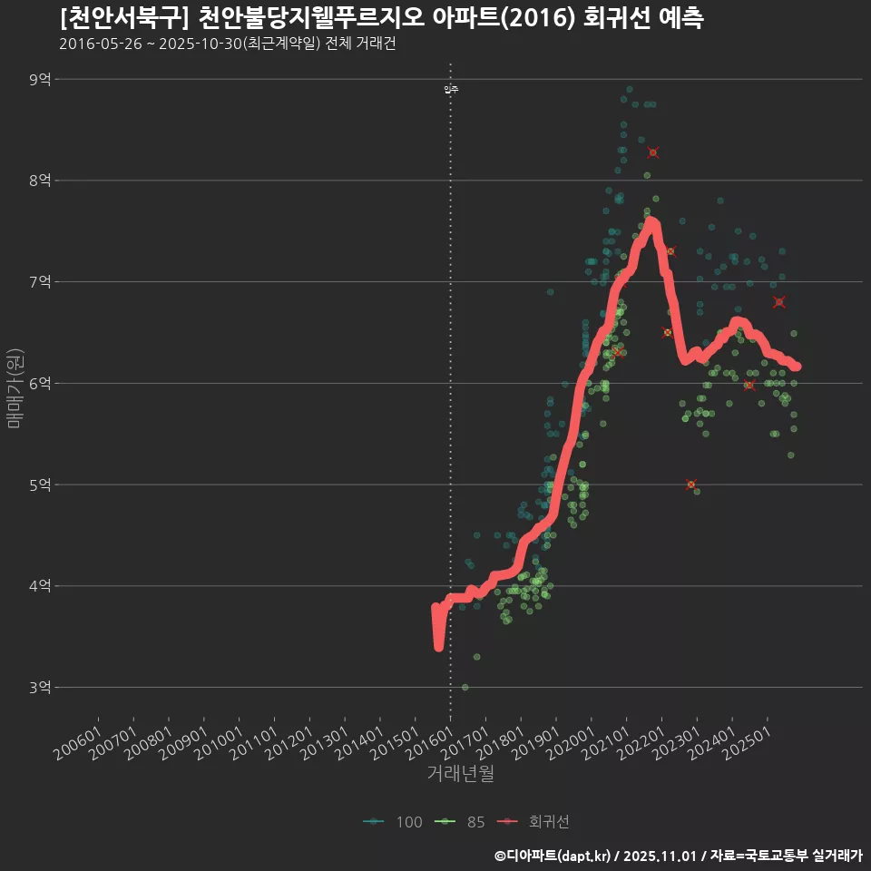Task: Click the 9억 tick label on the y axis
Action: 40,80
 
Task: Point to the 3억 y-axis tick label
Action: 40,688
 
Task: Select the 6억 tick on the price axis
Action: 40,384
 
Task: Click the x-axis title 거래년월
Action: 460,774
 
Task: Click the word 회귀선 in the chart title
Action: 621,18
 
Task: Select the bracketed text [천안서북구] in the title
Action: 123,18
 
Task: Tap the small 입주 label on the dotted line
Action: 451,89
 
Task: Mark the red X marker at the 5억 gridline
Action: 691,484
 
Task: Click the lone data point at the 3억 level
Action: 465,688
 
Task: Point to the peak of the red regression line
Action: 651,221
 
